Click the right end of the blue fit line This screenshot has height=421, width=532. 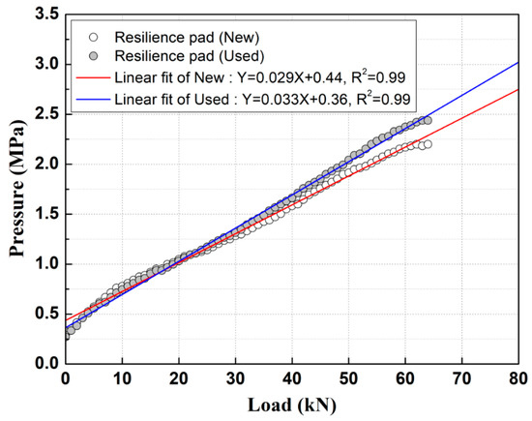tap(517, 63)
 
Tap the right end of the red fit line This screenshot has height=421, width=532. tap(517, 89)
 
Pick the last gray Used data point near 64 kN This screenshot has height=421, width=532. tap(428, 120)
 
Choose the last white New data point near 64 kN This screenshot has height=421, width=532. tap(428, 144)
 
